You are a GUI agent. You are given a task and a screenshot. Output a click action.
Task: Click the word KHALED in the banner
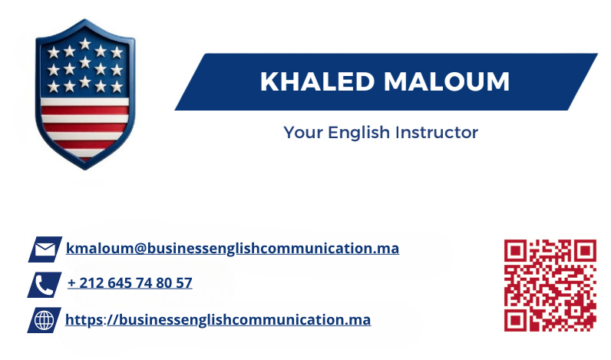coord(317,82)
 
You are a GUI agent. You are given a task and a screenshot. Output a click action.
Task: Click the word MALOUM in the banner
coord(447,82)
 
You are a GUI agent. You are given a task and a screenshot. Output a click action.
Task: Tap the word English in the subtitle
coord(358,134)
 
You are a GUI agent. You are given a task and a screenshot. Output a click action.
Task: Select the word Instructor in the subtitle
coord(437,133)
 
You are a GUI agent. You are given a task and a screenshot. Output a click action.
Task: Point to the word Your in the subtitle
coord(303,133)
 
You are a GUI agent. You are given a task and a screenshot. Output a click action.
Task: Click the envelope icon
coord(45,249)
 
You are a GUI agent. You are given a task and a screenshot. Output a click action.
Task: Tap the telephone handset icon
coord(45,285)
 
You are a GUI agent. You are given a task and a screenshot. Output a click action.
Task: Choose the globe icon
coord(44,320)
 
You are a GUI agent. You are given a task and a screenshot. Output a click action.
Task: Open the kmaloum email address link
coord(233,249)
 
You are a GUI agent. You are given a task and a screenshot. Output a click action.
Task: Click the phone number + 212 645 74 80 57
coord(130,282)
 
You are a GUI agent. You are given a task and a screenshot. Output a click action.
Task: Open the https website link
coord(218,320)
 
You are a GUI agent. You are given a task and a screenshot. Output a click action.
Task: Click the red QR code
coord(550,286)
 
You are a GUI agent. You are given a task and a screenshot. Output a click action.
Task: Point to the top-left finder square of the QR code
coord(516,251)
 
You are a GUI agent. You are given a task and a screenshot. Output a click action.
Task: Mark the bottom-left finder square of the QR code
coord(516,320)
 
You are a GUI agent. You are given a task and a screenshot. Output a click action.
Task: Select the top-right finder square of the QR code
coord(585,251)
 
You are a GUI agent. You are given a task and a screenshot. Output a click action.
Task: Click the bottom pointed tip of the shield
coord(85,170)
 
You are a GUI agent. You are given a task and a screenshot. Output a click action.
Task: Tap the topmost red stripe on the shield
coord(85,111)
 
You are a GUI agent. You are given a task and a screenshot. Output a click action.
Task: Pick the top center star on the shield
coord(85,44)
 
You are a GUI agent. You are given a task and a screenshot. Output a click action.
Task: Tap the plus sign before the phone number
coord(71,283)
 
